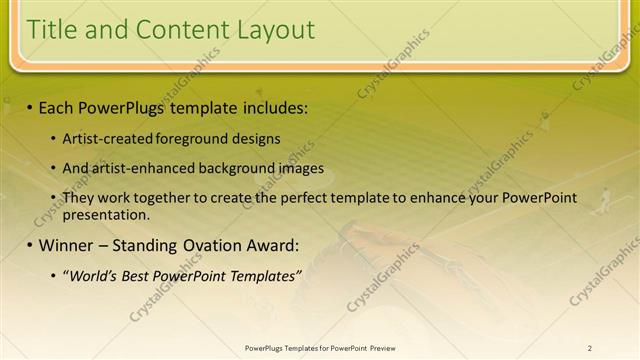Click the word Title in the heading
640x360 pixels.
(x=54, y=30)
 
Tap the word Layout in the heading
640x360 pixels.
(x=275, y=30)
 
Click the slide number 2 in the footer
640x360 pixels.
(x=590, y=348)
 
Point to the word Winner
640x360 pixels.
(x=68, y=245)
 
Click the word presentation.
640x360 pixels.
(x=106, y=214)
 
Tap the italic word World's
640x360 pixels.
(x=94, y=275)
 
